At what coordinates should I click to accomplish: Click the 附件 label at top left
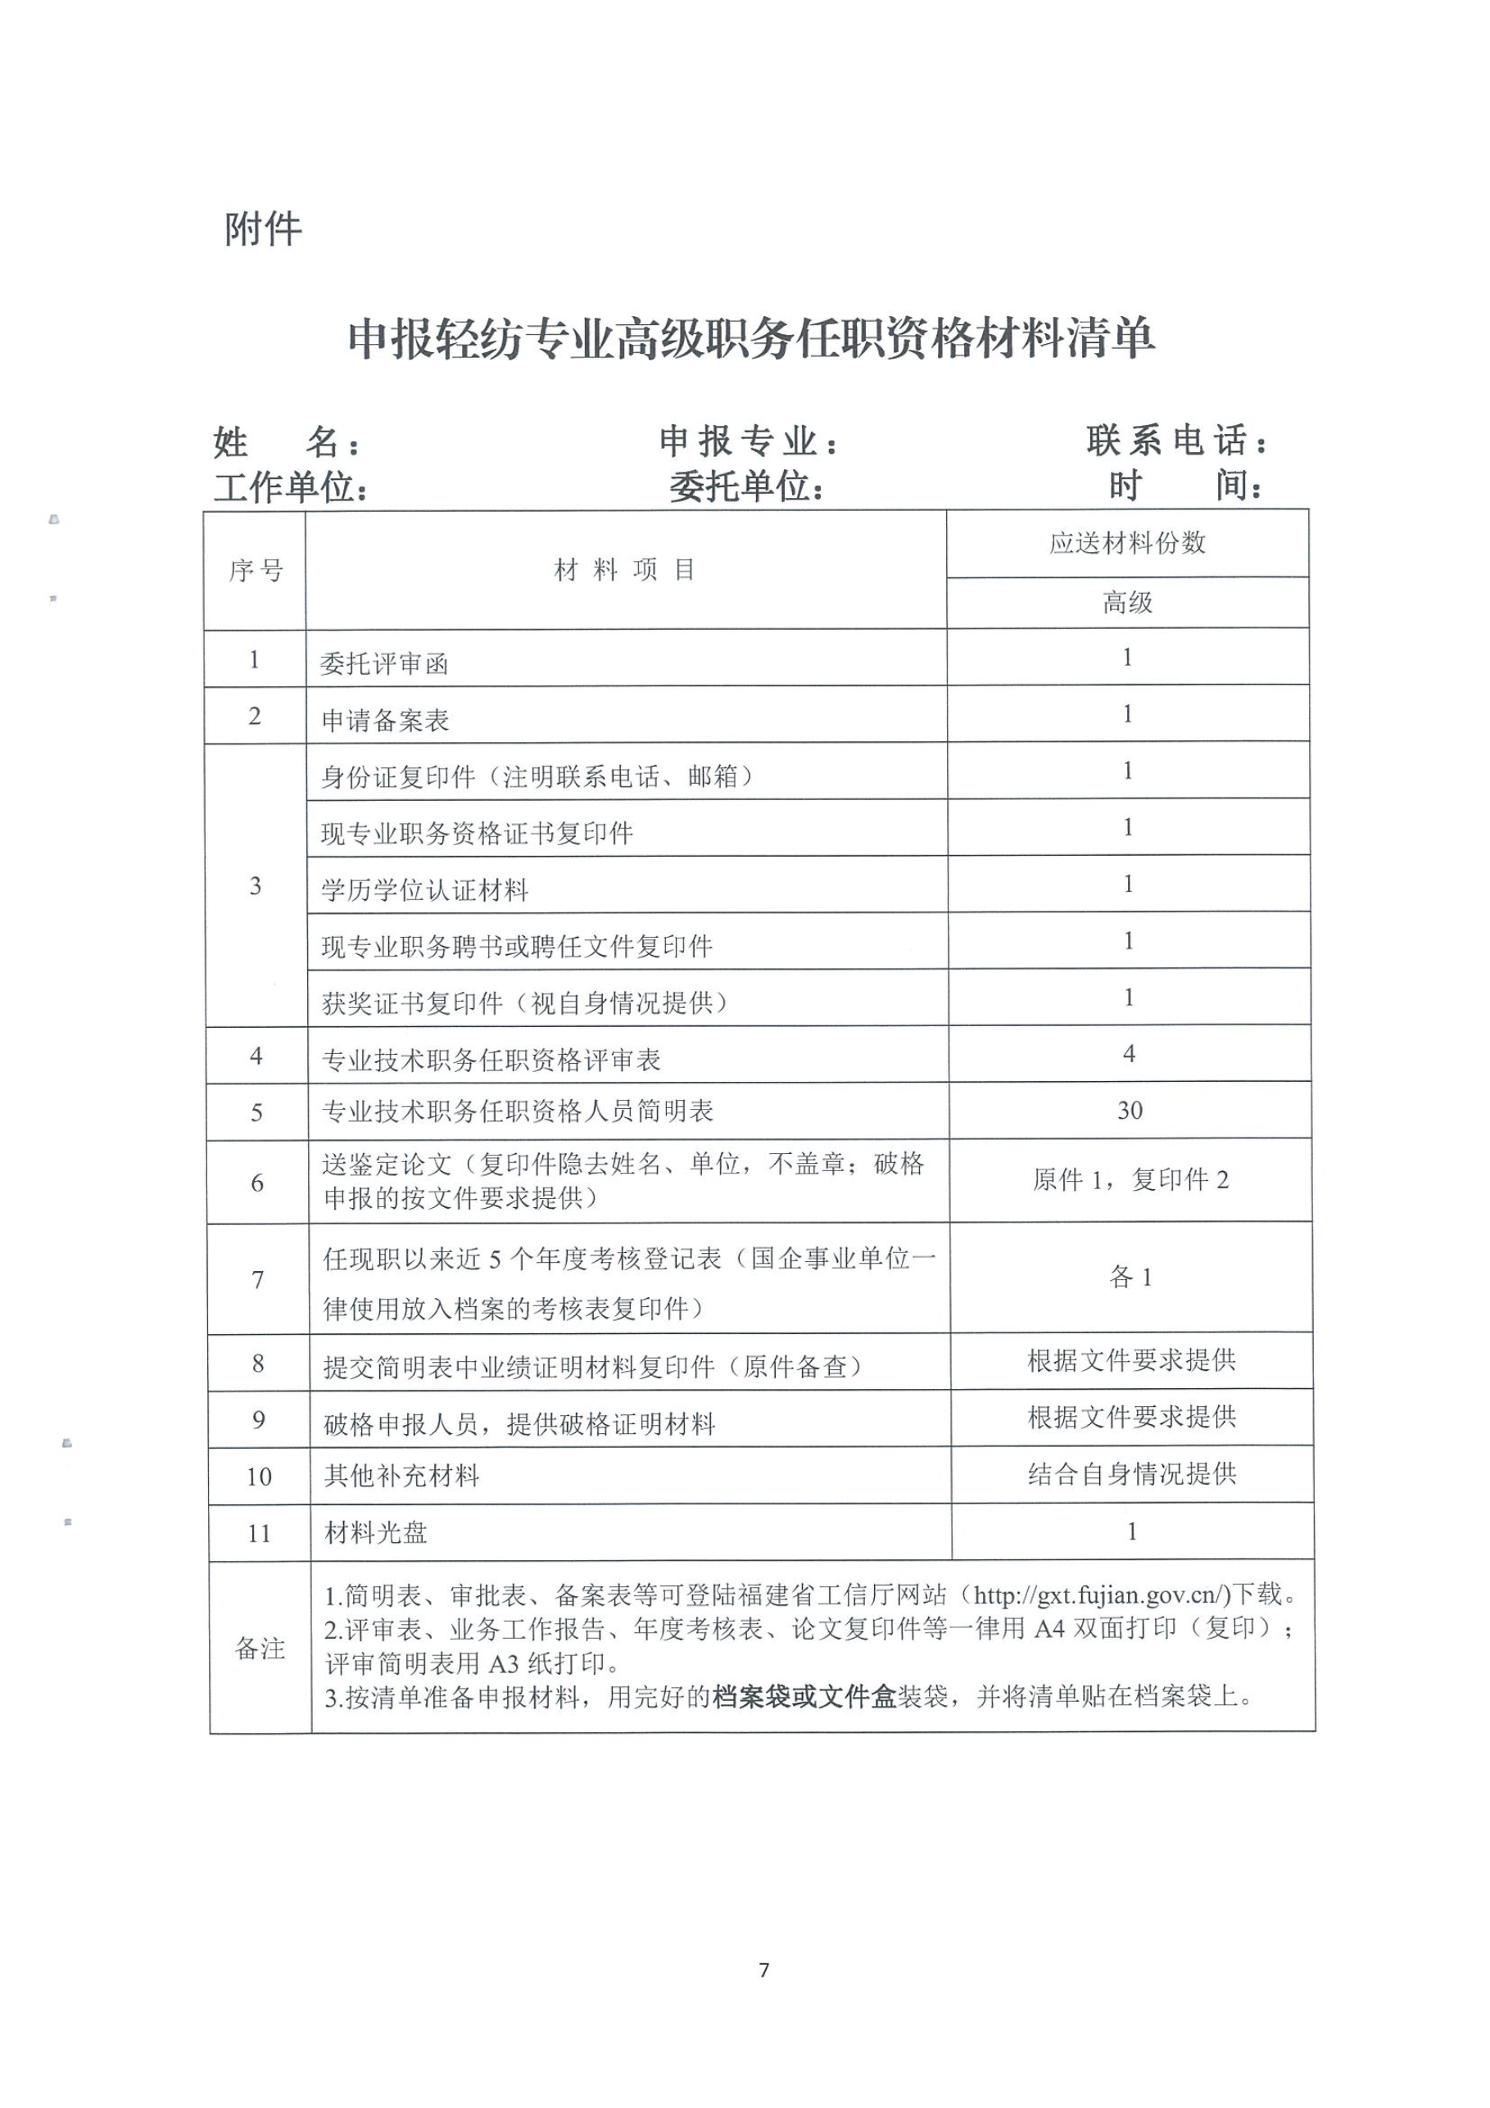(x=263, y=228)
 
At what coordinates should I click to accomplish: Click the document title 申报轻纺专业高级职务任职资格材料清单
(x=750, y=339)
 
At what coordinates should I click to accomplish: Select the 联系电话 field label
(x=1176, y=441)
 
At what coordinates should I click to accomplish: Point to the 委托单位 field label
(x=745, y=486)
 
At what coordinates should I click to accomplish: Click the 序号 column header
(x=256, y=570)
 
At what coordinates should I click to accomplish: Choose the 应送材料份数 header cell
(x=1126, y=543)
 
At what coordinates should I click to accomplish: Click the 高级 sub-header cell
(x=1126, y=602)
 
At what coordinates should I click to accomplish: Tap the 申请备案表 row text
(x=385, y=720)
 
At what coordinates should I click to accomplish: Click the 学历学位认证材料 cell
(x=424, y=889)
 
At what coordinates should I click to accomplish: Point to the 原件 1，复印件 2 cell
(x=1130, y=1180)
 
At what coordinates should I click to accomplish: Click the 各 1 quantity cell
(x=1130, y=1277)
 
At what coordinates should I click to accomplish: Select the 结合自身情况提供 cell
(x=1131, y=1473)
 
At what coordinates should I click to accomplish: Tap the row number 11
(x=259, y=1533)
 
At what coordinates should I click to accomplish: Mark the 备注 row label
(x=260, y=1647)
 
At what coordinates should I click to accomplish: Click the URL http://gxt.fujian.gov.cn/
(x=1101, y=1595)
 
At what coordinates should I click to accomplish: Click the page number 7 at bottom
(x=763, y=1970)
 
